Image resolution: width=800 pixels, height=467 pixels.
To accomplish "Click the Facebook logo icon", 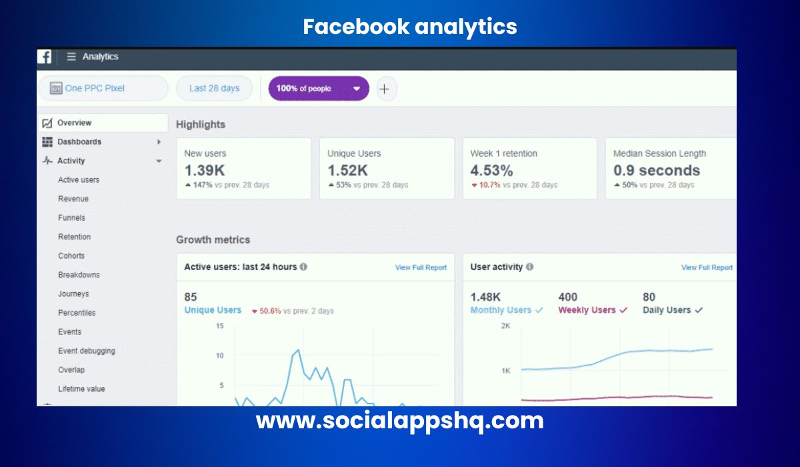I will [44, 57].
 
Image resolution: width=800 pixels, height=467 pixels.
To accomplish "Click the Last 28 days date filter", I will [214, 88].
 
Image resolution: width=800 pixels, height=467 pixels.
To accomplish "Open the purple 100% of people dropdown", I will [318, 88].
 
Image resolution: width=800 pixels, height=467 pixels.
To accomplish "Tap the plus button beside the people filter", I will [384, 89].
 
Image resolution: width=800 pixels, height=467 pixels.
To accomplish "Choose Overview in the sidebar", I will [74, 123].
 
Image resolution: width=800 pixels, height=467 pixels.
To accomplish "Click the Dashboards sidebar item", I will [79, 141].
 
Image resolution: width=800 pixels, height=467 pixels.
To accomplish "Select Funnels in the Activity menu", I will [71, 217].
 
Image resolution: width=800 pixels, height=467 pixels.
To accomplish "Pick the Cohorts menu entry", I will [71, 256].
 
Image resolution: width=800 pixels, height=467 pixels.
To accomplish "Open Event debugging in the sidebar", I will [86, 351].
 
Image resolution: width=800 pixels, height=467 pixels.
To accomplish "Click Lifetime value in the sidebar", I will [81, 389].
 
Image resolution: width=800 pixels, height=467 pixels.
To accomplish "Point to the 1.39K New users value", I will [204, 170].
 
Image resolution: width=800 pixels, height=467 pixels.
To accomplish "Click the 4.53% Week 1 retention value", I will [491, 170].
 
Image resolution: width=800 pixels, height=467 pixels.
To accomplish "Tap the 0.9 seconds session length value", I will [656, 170].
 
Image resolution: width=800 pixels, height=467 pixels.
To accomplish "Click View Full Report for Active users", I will [421, 268].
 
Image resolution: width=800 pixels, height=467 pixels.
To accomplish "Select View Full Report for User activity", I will [707, 268].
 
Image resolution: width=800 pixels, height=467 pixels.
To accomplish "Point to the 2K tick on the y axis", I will [506, 326].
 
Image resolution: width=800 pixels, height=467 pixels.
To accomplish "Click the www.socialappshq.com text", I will [400, 421].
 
